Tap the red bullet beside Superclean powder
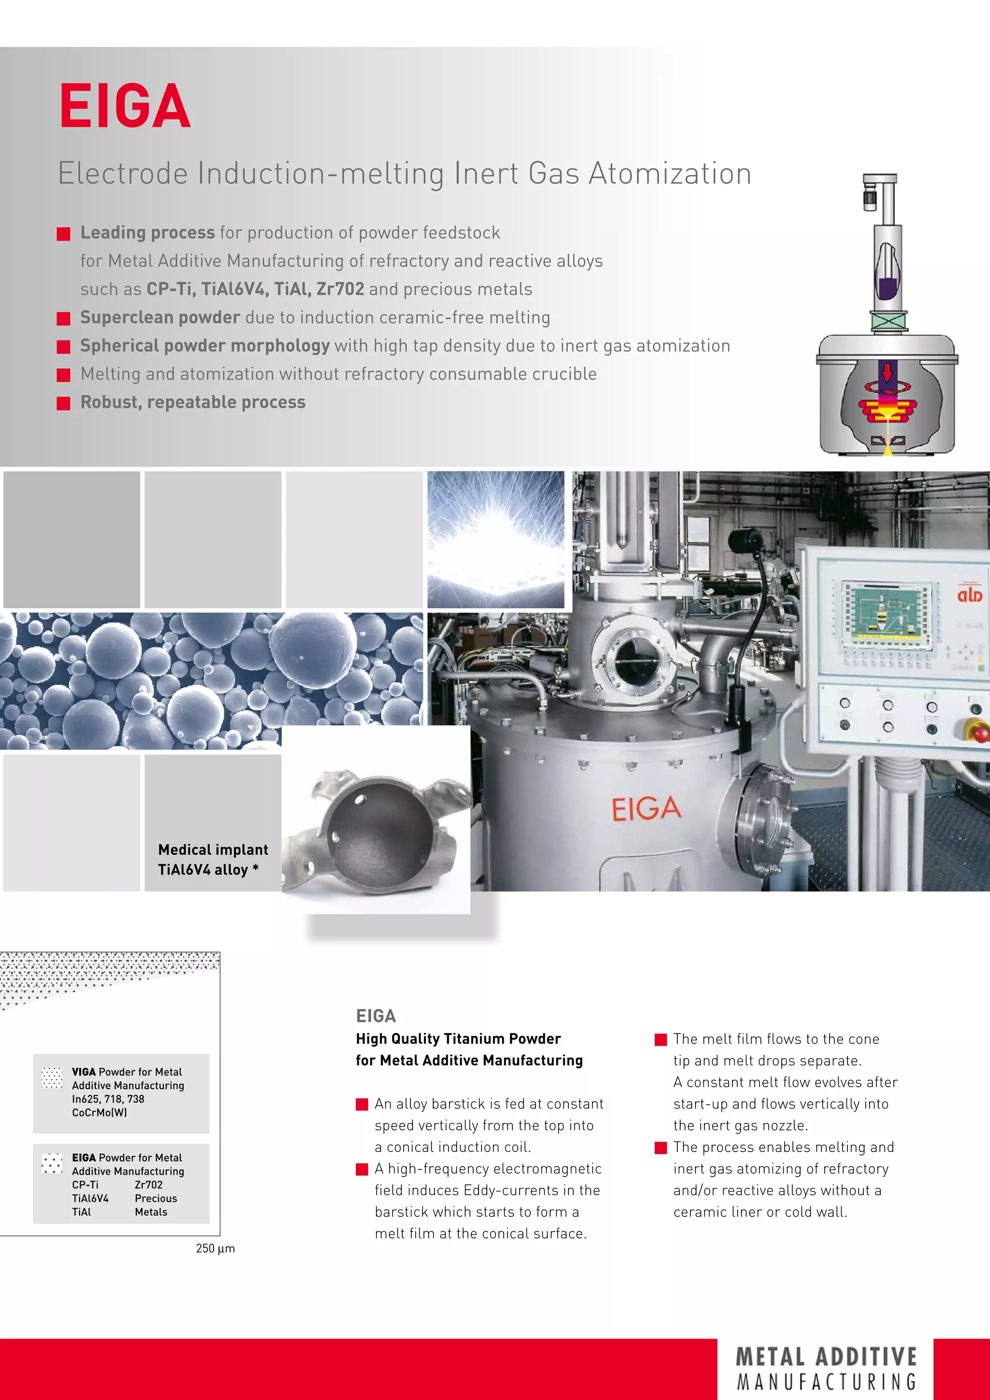tap(63, 318)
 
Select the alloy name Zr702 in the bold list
tap(339, 289)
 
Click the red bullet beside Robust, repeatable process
tap(63, 403)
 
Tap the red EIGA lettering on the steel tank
tap(646, 809)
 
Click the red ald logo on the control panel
tap(969, 594)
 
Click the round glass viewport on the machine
tap(635, 660)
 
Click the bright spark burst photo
tap(495, 540)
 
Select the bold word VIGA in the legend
tap(84, 1072)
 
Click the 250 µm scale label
tap(215, 1249)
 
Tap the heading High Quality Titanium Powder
tap(458, 1039)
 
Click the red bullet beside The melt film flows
tap(660, 1040)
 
